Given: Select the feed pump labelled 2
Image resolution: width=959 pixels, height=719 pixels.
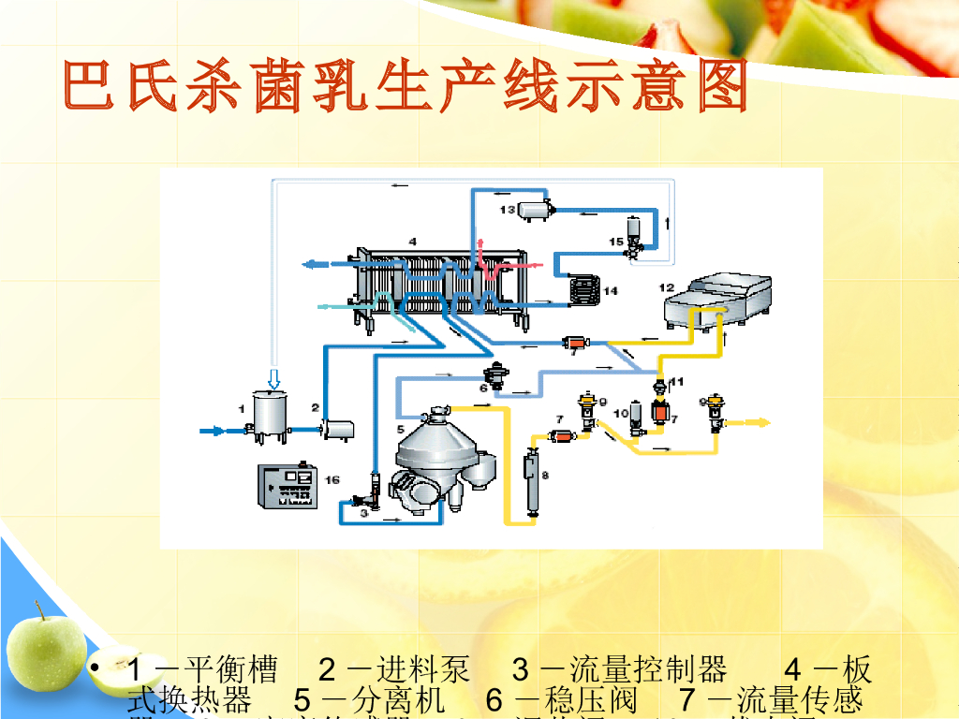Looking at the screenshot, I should [x=336, y=429].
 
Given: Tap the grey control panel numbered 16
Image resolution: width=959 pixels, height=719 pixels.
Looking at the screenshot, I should [x=288, y=487].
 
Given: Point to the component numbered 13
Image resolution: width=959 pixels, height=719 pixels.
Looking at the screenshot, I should [x=536, y=211].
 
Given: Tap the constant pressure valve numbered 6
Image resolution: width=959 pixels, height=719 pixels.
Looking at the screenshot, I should [x=496, y=374].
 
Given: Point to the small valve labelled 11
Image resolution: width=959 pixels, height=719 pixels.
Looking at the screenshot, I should [x=660, y=385].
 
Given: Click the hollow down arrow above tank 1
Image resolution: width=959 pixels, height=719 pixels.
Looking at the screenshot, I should [x=273, y=378].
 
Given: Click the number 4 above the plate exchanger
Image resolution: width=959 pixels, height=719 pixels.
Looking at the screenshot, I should [x=412, y=242].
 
